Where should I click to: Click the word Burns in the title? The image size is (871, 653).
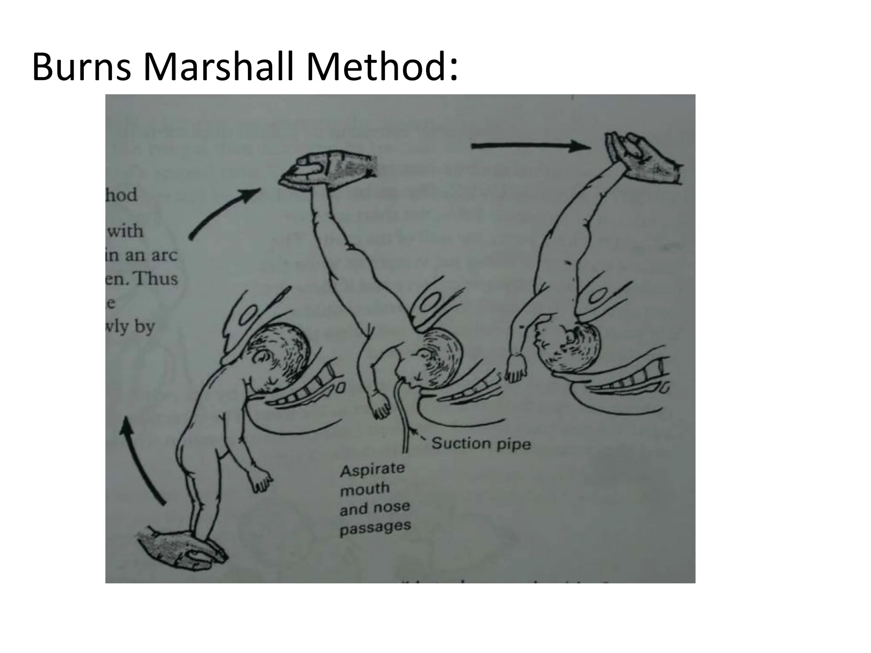point(81,67)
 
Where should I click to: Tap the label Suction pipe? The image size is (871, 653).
point(481,443)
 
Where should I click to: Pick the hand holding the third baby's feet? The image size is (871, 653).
point(642,159)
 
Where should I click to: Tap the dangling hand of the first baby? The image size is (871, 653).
point(260,480)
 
